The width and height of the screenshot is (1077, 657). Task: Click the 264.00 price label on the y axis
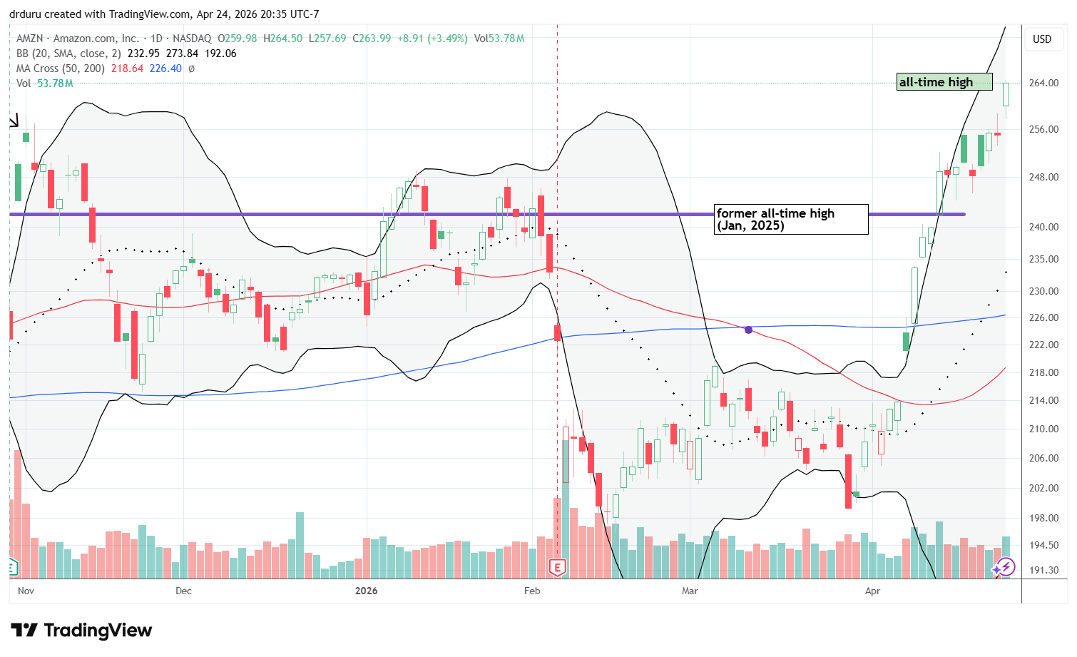(x=1043, y=83)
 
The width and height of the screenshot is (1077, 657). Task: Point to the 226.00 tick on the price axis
(x=1043, y=317)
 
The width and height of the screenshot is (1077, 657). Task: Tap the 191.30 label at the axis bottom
(x=1043, y=570)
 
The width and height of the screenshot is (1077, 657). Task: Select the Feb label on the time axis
(x=532, y=591)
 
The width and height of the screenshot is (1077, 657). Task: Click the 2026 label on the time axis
(x=367, y=591)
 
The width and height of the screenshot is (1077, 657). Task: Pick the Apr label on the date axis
(x=872, y=591)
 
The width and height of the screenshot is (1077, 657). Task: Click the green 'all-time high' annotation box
(x=944, y=82)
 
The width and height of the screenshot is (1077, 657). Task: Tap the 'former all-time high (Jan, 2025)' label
(x=791, y=219)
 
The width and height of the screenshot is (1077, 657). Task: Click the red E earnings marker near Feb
(x=557, y=567)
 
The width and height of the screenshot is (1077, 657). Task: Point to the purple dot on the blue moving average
(x=748, y=330)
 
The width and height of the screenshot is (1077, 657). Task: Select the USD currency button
(x=1042, y=39)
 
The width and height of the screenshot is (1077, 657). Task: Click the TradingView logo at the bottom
(x=81, y=630)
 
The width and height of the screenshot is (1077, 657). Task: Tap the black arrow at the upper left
(x=14, y=121)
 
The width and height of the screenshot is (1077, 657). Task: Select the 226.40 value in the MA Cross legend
(x=165, y=68)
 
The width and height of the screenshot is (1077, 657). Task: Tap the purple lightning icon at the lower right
(x=1005, y=567)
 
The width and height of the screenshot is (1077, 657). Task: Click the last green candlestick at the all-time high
(x=1006, y=94)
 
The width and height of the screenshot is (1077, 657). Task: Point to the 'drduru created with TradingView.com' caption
(x=164, y=14)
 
